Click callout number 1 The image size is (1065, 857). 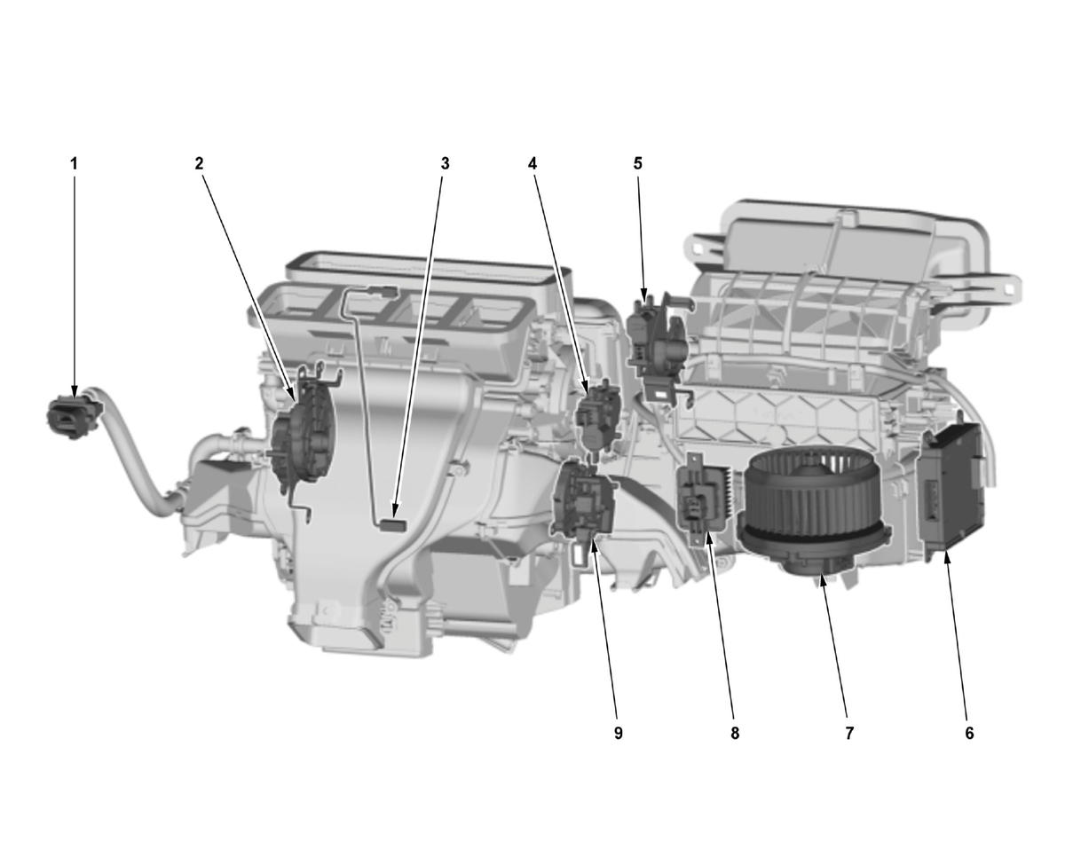click(x=75, y=164)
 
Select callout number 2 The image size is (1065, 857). click(x=199, y=164)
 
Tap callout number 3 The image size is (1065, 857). click(x=445, y=164)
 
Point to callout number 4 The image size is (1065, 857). click(x=532, y=164)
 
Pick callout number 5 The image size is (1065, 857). click(x=638, y=164)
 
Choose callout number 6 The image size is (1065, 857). click(x=969, y=733)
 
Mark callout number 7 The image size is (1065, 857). click(x=849, y=733)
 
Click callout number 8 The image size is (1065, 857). click(x=735, y=733)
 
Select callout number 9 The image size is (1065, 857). click(x=618, y=733)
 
